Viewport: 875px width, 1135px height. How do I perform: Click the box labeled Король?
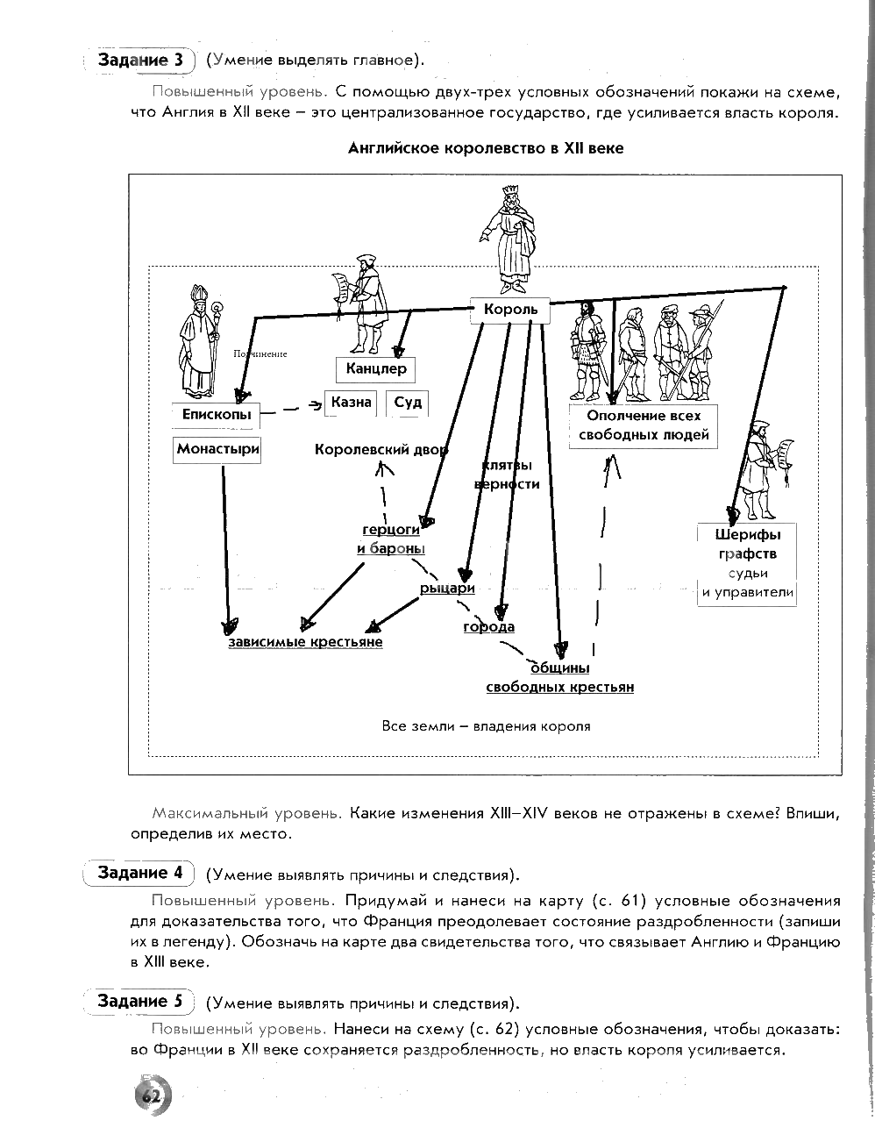[510, 310]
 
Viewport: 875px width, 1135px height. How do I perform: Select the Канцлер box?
[376, 368]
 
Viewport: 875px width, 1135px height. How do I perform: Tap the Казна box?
[352, 403]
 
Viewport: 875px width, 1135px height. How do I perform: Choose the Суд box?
[408, 403]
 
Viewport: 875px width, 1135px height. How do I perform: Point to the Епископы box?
[217, 414]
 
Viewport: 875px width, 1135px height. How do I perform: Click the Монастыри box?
[218, 449]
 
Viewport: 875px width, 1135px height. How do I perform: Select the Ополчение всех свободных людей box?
[642, 425]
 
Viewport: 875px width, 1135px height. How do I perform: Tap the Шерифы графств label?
[747, 544]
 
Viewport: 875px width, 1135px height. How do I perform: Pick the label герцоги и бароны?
[391, 539]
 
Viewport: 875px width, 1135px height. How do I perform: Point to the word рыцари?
[447, 589]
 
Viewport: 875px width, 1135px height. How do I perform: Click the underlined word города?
[488, 627]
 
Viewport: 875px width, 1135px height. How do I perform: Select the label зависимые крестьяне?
[305, 642]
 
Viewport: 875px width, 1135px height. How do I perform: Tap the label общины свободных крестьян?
[560, 677]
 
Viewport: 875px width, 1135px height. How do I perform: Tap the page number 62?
[150, 1096]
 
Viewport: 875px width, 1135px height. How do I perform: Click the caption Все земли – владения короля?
[486, 726]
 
